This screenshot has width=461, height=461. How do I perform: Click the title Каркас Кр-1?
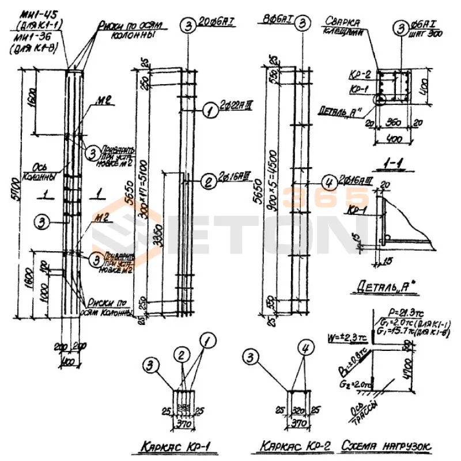tap(171, 445)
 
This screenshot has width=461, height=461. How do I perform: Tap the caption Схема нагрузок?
tap(387, 445)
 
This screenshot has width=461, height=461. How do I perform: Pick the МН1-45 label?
tap(37, 14)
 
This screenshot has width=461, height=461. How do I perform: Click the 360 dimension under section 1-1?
tap(394, 123)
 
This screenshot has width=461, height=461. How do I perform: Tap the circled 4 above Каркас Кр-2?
tap(305, 347)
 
